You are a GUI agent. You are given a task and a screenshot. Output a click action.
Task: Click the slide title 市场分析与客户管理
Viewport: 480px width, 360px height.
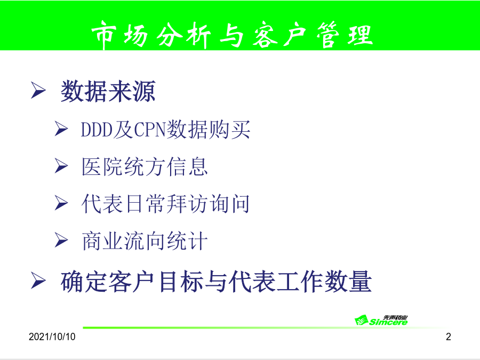pyautogui.click(x=232, y=35)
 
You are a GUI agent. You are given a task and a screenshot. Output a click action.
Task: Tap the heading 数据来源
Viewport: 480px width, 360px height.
pyautogui.click(x=108, y=91)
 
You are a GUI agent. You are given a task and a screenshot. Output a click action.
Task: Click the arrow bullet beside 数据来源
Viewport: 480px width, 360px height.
pyautogui.click(x=38, y=90)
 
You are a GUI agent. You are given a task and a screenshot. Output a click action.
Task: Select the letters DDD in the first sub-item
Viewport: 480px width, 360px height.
pyautogui.click(x=97, y=130)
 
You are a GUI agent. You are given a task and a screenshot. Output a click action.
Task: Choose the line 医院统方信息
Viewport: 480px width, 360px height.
pyautogui.click(x=145, y=167)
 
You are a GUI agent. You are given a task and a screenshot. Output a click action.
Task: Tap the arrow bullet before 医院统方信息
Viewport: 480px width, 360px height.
pyautogui.click(x=61, y=166)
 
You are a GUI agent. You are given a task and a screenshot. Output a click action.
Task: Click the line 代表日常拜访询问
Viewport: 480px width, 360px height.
pyautogui.click(x=166, y=204)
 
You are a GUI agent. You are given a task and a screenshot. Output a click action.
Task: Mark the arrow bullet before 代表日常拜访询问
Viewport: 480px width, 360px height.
pyautogui.click(x=61, y=203)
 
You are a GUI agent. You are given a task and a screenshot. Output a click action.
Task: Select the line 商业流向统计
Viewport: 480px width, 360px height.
pyautogui.click(x=145, y=241)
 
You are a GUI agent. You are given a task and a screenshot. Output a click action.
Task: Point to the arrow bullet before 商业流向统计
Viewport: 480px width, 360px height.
pyautogui.click(x=61, y=240)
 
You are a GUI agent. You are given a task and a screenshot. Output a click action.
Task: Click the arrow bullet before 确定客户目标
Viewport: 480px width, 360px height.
pyautogui.click(x=38, y=281)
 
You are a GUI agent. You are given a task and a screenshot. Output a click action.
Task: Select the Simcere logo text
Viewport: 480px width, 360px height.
pyautogui.click(x=388, y=322)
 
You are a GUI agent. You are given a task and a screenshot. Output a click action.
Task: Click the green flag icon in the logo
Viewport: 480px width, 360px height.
pyautogui.click(x=362, y=320)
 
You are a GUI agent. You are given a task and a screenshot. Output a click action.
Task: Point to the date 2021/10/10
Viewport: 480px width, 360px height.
pyautogui.click(x=52, y=337)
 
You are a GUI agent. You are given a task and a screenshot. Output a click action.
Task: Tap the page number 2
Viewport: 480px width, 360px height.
pyautogui.click(x=449, y=337)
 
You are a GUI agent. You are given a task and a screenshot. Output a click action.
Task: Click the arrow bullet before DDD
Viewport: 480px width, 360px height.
pyautogui.click(x=61, y=129)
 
